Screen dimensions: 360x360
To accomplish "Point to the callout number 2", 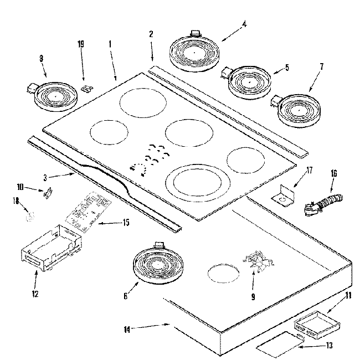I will click(151, 34).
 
